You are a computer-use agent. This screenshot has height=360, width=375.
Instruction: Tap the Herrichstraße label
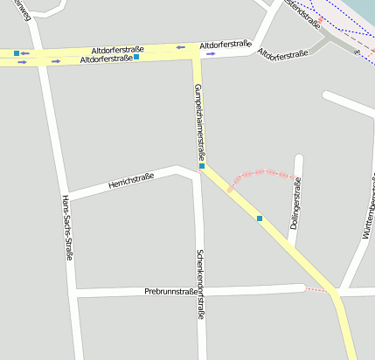(x=131, y=181)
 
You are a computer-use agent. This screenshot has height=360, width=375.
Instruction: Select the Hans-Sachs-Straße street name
(x=66, y=227)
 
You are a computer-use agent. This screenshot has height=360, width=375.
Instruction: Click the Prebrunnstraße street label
(x=170, y=290)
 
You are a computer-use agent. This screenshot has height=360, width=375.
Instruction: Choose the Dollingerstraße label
(x=296, y=200)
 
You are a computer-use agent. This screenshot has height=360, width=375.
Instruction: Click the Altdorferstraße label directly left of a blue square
(x=106, y=59)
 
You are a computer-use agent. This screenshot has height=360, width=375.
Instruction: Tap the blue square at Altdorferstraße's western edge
(x=17, y=53)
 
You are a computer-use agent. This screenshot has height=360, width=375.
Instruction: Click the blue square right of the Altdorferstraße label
(x=136, y=57)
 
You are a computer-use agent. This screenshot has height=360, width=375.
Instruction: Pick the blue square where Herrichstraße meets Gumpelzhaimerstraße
(x=202, y=166)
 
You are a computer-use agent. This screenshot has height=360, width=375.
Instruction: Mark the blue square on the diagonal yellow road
(x=260, y=218)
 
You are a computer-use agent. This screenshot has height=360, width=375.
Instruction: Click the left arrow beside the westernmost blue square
(x=25, y=53)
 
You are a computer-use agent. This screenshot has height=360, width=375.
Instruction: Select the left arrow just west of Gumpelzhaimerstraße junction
(x=180, y=47)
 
